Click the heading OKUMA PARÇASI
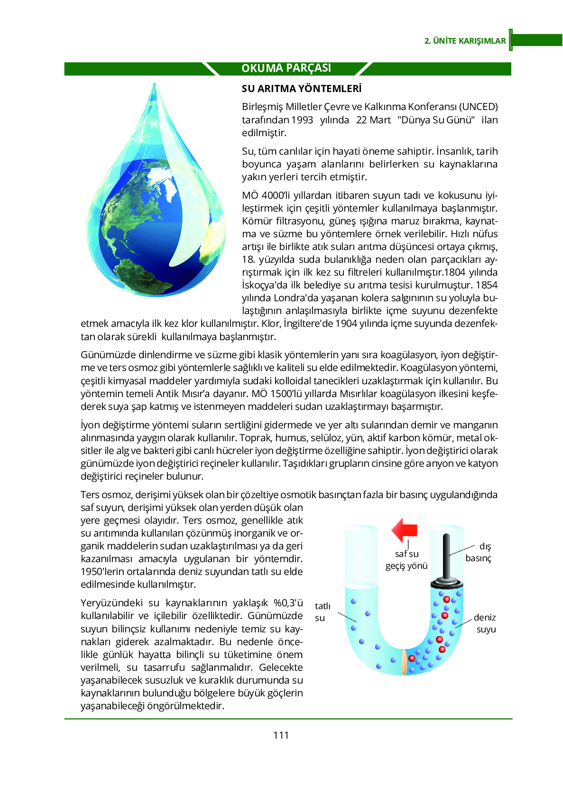[286, 68]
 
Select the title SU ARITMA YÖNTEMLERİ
[301, 89]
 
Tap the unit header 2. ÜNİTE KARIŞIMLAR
[465, 41]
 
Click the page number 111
[281, 735]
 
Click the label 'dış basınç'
[478, 552]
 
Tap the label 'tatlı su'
[322, 612]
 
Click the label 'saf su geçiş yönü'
[406, 560]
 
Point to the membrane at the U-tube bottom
[404, 661]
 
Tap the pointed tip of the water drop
[154, 85]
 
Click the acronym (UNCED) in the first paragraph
[479, 107]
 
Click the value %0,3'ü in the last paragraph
[288, 603]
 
